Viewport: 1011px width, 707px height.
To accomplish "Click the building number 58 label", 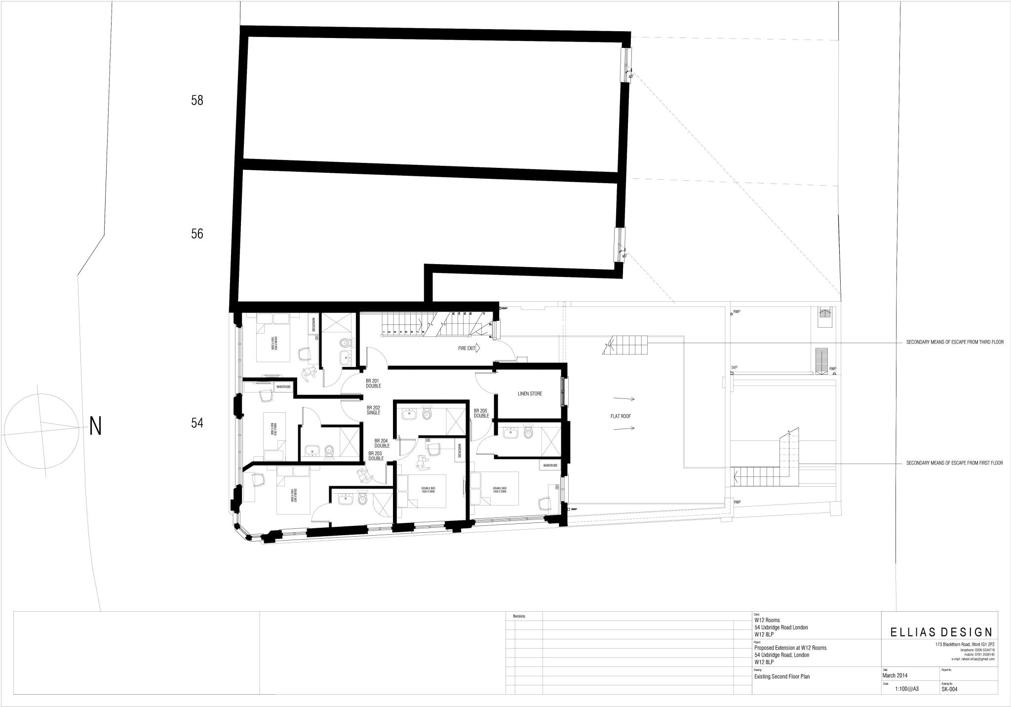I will [x=197, y=101].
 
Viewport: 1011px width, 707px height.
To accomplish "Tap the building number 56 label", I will [x=197, y=234].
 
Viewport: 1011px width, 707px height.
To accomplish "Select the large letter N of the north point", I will [x=95, y=426].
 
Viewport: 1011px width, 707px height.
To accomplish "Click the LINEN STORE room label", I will [x=530, y=393].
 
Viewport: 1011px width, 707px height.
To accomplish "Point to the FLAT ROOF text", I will [x=621, y=416].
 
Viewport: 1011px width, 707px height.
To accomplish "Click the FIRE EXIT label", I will [x=467, y=348].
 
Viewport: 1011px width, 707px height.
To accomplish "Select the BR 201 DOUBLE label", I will [x=373, y=383].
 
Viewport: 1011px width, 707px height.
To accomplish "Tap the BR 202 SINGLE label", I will [x=374, y=410].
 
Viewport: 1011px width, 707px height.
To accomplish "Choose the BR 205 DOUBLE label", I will [x=481, y=413].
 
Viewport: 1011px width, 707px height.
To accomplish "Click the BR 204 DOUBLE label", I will [x=382, y=443].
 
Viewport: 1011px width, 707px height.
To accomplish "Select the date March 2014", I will [x=894, y=676].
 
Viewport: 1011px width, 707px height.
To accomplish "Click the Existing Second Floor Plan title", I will [x=782, y=677].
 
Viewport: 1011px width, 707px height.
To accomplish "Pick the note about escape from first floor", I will [x=954, y=463].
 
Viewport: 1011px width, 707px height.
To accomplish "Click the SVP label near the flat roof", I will [x=734, y=368].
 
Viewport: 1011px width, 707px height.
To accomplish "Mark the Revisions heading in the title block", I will [x=519, y=616].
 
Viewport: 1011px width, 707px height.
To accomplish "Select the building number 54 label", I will [x=197, y=423].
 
